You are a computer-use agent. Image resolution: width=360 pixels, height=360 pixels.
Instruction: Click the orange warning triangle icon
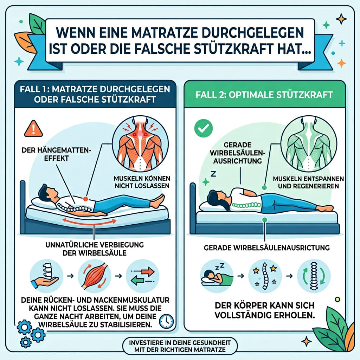click(33, 129)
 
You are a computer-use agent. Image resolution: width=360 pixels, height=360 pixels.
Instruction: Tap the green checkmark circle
click(204, 128)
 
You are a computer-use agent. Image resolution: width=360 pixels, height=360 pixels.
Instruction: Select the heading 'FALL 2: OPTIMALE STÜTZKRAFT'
click(264, 95)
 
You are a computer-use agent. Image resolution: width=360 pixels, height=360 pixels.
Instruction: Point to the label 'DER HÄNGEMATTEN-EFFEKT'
click(56, 154)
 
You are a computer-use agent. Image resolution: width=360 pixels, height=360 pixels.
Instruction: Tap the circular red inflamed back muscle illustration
click(140, 144)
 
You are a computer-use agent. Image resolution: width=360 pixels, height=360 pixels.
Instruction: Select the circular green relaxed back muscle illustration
click(309, 144)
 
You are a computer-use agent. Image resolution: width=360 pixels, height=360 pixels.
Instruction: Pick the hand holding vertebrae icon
click(47, 276)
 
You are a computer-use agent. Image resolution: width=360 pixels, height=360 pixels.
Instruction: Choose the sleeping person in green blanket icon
click(217, 276)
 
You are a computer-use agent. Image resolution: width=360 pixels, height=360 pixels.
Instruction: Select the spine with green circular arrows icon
click(314, 276)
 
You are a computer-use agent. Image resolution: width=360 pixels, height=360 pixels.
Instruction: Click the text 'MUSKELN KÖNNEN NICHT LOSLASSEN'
click(142, 182)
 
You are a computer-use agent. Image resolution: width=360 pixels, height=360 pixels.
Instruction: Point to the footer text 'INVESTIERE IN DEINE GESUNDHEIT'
click(180, 342)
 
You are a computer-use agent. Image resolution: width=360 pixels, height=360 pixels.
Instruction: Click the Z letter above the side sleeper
click(213, 174)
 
